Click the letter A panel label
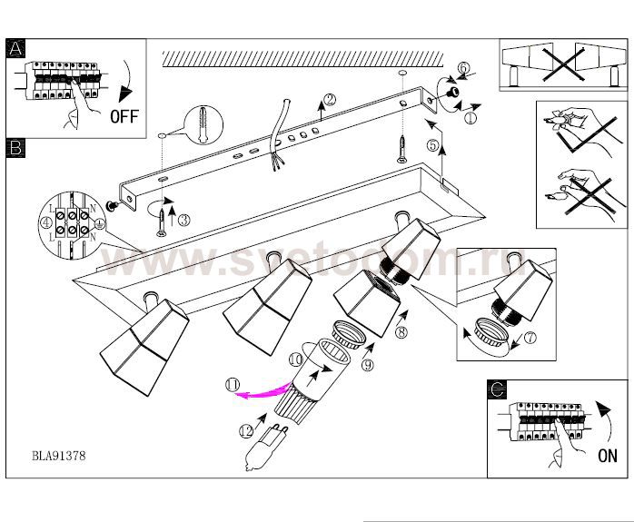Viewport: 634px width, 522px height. pos(15,50)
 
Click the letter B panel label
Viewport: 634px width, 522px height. pos(15,147)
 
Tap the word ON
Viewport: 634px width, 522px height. pos(607,456)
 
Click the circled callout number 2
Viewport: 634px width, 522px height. pos(330,101)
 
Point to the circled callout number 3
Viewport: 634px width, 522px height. pos(183,218)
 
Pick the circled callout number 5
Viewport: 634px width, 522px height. pos(432,144)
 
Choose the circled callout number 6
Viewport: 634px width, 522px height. pos(462,68)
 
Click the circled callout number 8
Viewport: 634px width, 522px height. pos(400,332)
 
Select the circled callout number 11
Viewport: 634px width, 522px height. pos(233,387)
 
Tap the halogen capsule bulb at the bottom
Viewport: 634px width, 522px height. pos(258,450)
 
